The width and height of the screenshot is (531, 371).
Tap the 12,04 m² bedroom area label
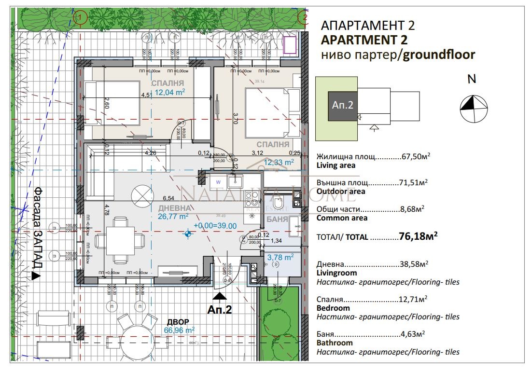[x=168, y=92]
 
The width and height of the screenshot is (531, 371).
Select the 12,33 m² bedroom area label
[x=279, y=163]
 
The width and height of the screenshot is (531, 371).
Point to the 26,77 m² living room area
[x=173, y=217]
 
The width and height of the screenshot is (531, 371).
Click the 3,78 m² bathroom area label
[x=280, y=258]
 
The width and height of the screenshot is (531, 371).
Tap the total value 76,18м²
[x=418, y=236]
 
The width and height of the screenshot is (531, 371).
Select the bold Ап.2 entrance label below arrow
[x=220, y=309]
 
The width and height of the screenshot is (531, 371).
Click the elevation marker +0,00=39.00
[x=214, y=225]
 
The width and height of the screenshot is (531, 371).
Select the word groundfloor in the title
[x=439, y=55]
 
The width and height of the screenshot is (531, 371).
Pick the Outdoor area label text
[x=341, y=192]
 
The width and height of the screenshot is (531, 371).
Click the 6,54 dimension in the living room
[x=168, y=198]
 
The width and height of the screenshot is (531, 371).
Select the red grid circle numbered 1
[x=80, y=18]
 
